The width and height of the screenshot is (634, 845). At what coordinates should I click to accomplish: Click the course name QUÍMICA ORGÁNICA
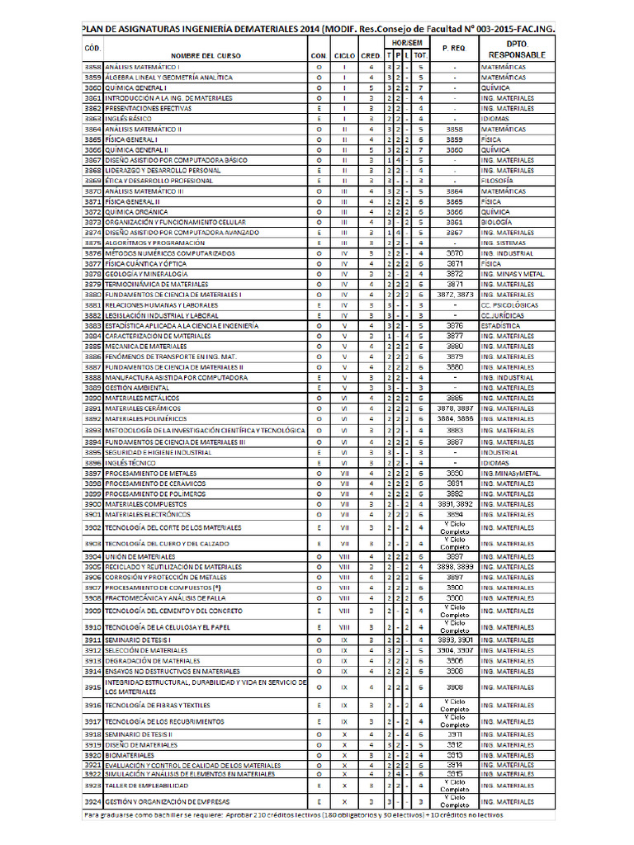click(x=136, y=212)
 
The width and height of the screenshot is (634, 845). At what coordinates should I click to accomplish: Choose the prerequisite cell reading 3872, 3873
click(x=454, y=295)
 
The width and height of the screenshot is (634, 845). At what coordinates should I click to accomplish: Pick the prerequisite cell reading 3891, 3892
click(x=454, y=504)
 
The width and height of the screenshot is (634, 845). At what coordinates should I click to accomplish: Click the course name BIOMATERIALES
click(x=130, y=755)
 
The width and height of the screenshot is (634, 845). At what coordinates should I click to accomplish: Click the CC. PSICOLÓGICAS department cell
click(x=508, y=304)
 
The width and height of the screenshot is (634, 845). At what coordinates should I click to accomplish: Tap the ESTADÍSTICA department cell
click(x=501, y=326)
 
